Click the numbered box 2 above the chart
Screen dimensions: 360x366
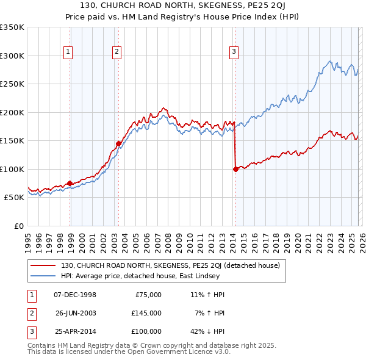(116, 52)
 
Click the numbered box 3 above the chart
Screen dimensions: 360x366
(234, 52)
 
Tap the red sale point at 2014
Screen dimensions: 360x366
(235, 169)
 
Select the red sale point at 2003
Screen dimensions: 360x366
(118, 144)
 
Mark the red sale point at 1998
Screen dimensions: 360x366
(70, 183)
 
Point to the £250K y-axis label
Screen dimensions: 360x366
(12, 84)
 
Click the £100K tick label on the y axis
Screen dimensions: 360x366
(12, 169)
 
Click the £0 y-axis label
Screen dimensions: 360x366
(18, 226)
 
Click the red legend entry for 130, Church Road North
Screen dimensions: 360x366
(170, 265)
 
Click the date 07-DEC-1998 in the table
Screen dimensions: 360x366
(75, 295)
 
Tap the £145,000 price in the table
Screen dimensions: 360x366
(146, 313)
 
